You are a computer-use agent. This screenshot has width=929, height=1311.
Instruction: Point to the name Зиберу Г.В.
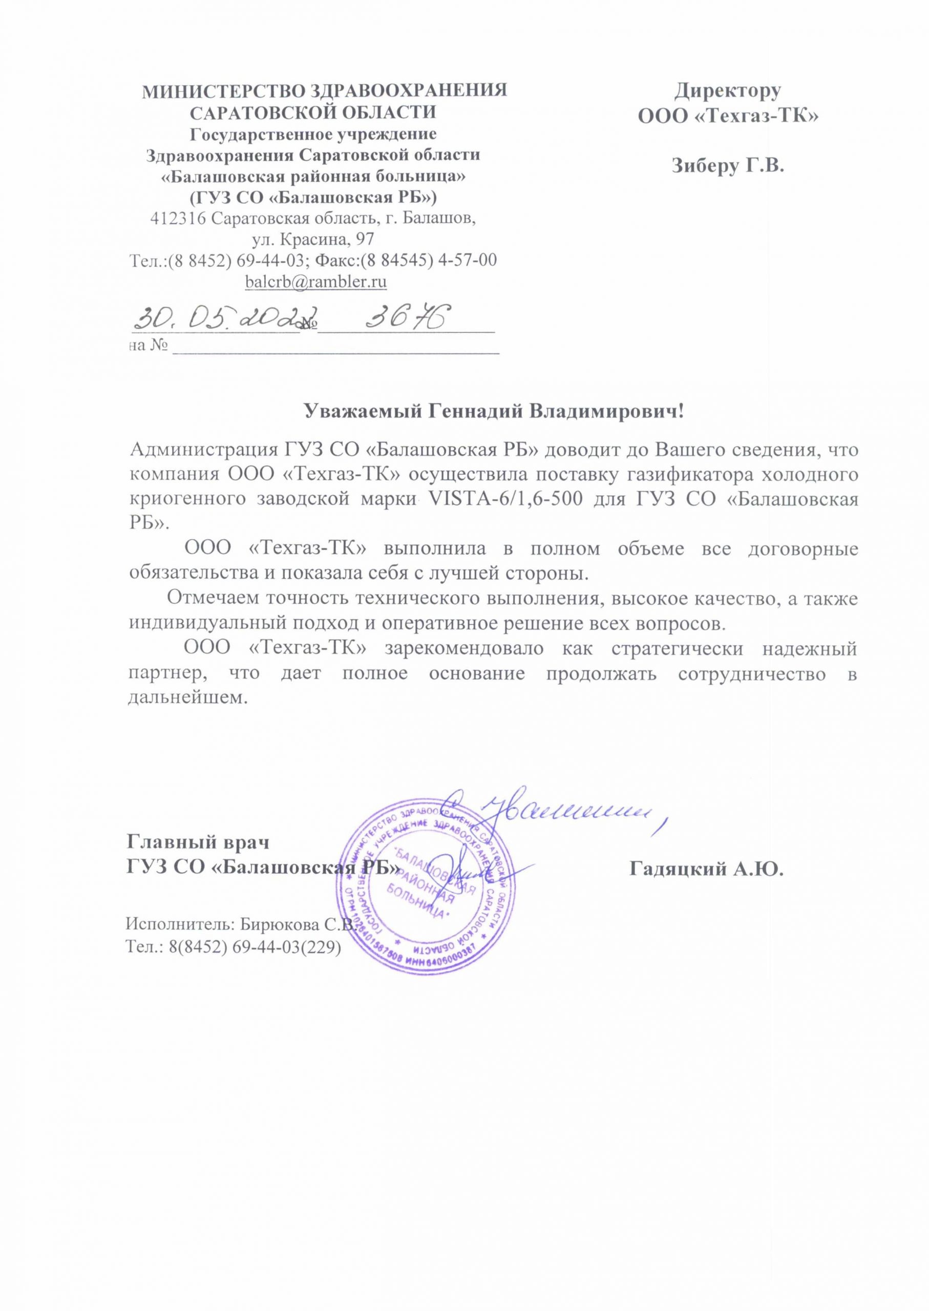(727, 166)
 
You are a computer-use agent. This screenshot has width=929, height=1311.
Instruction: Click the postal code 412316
(178, 219)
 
